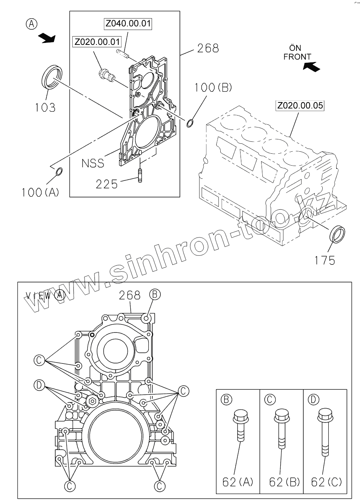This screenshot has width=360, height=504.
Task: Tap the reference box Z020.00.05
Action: (300, 106)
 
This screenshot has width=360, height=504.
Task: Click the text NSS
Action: (93, 163)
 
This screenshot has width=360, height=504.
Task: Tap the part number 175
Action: (325, 260)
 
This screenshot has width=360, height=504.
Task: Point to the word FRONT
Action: (297, 57)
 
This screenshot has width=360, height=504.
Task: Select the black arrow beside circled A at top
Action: (47, 38)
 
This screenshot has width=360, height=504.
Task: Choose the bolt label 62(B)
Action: (284, 482)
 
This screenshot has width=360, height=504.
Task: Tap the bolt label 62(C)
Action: (326, 482)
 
